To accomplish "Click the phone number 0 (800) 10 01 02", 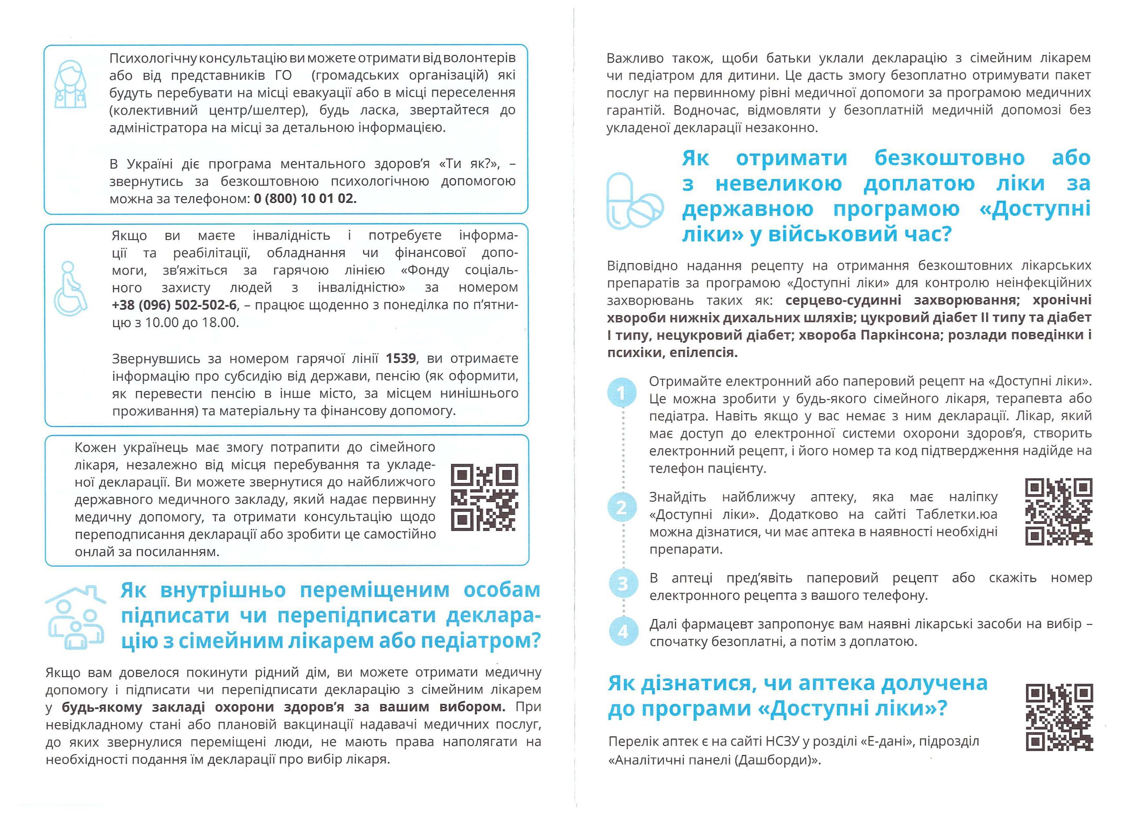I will pos(305,199).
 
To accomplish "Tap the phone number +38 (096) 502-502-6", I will pos(174,305).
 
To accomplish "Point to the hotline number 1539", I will pos(401,358).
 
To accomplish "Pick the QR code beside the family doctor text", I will pos(485,498).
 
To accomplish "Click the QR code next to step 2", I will pos(1058,512).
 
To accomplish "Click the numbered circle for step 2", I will pos(622,508).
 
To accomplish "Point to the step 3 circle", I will pos(622,583).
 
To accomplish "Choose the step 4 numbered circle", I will pos(622,631).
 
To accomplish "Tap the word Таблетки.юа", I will pos(957,514).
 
